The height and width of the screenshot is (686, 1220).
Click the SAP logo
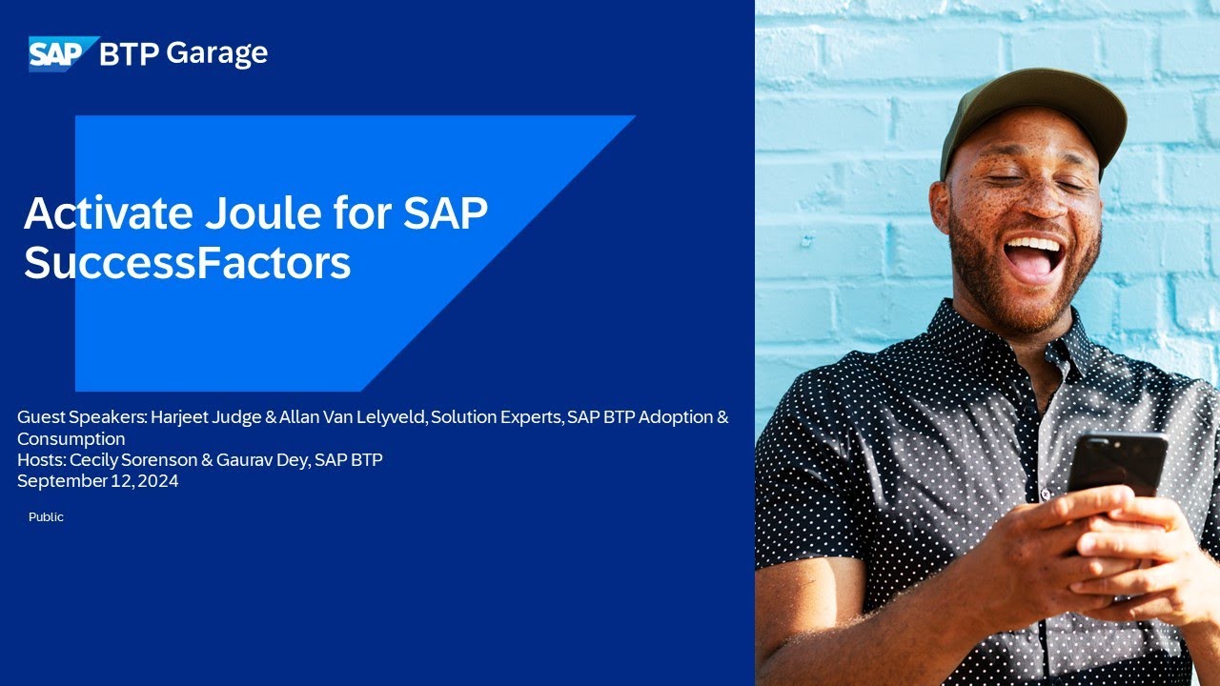pyautogui.click(x=63, y=53)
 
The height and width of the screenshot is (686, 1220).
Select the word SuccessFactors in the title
pyautogui.click(x=187, y=262)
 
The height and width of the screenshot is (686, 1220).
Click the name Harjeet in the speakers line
pyautogui.click(x=181, y=417)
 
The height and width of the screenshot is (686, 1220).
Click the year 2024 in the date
pyautogui.click(x=157, y=481)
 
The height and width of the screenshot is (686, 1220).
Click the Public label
pyautogui.click(x=46, y=516)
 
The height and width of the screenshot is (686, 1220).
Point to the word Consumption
pyautogui.click(x=71, y=439)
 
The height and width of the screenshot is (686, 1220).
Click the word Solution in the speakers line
pyautogui.click(x=462, y=417)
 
